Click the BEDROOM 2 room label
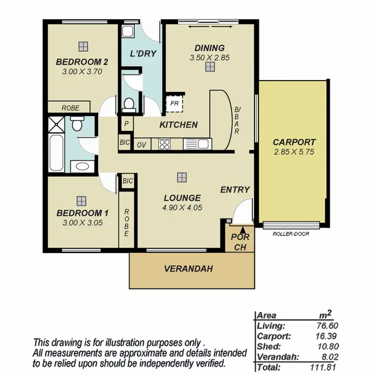coord(82,62)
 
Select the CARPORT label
coord(294,142)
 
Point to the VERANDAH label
coord(188,269)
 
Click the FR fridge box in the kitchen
coord(174,104)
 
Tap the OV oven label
coord(141,144)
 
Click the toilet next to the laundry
coord(129,104)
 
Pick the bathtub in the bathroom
coord(56,152)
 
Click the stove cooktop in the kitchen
coord(164,144)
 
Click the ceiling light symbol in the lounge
coord(182,177)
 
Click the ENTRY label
coord(234,189)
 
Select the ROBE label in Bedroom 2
coord(68,107)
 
